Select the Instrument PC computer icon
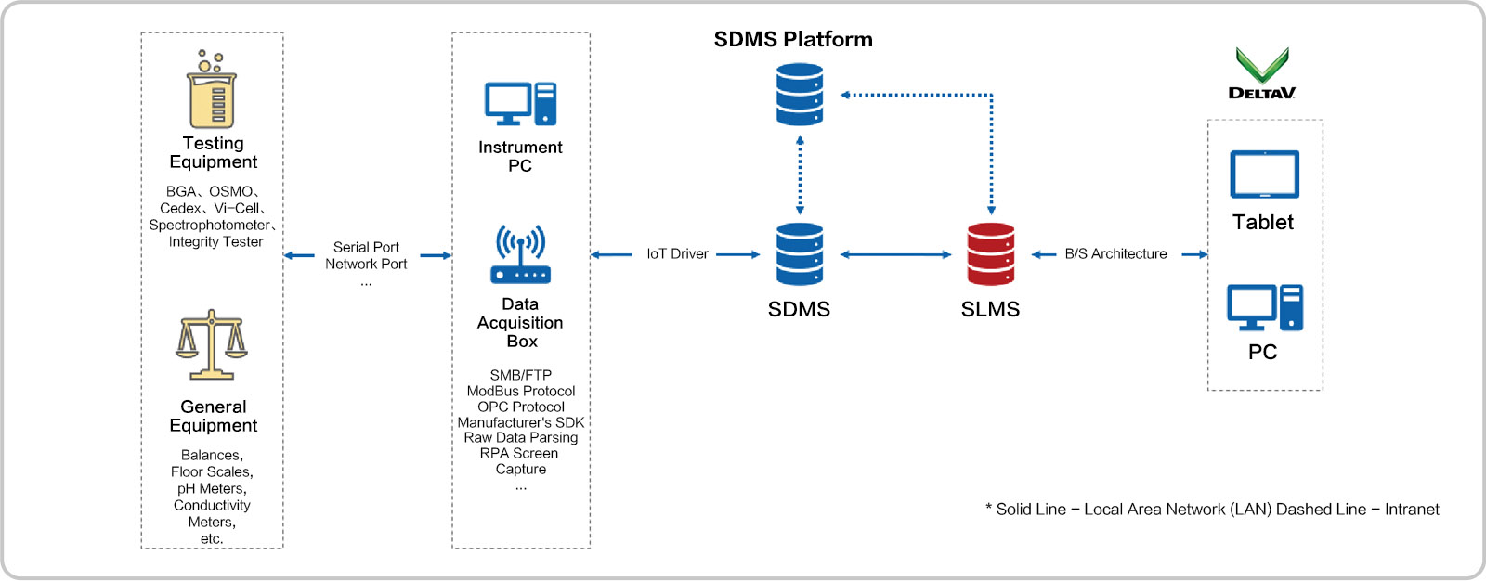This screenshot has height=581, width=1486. [x=520, y=104]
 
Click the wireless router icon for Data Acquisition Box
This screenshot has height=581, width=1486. [x=520, y=254]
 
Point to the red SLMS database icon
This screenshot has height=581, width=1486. [x=990, y=254]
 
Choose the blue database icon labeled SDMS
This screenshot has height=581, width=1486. [x=800, y=254]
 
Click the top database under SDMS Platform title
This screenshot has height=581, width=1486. [x=800, y=94]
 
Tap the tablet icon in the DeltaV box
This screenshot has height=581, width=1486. [x=1264, y=174]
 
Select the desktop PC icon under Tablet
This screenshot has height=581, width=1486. [x=1264, y=308]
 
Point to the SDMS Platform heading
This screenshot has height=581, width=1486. [x=793, y=40]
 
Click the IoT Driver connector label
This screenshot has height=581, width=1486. [x=677, y=254]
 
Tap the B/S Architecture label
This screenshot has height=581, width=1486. [x=1115, y=254]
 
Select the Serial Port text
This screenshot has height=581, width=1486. [x=366, y=247]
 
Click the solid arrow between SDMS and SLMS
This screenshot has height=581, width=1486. [x=896, y=254]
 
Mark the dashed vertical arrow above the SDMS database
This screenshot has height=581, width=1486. [x=800, y=175]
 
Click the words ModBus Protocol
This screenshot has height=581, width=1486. [x=521, y=392]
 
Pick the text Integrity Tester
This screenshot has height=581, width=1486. [x=215, y=242]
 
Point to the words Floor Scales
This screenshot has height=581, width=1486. [x=212, y=472]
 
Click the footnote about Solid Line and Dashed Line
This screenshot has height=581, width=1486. [x=1212, y=510]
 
